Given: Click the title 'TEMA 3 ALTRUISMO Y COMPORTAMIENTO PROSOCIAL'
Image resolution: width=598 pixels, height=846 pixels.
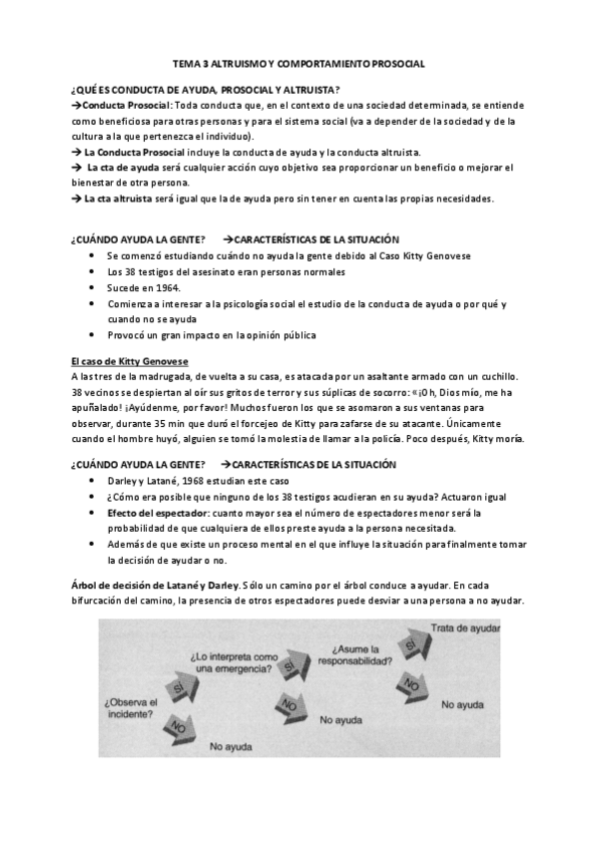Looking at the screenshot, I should click(299, 63).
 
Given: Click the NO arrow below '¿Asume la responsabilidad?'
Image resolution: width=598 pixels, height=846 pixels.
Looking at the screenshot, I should click(408, 683).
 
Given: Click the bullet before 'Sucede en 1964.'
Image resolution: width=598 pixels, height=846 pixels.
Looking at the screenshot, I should click(92, 287).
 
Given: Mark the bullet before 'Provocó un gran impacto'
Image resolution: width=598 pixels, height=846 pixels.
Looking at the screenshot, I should click(92, 335).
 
